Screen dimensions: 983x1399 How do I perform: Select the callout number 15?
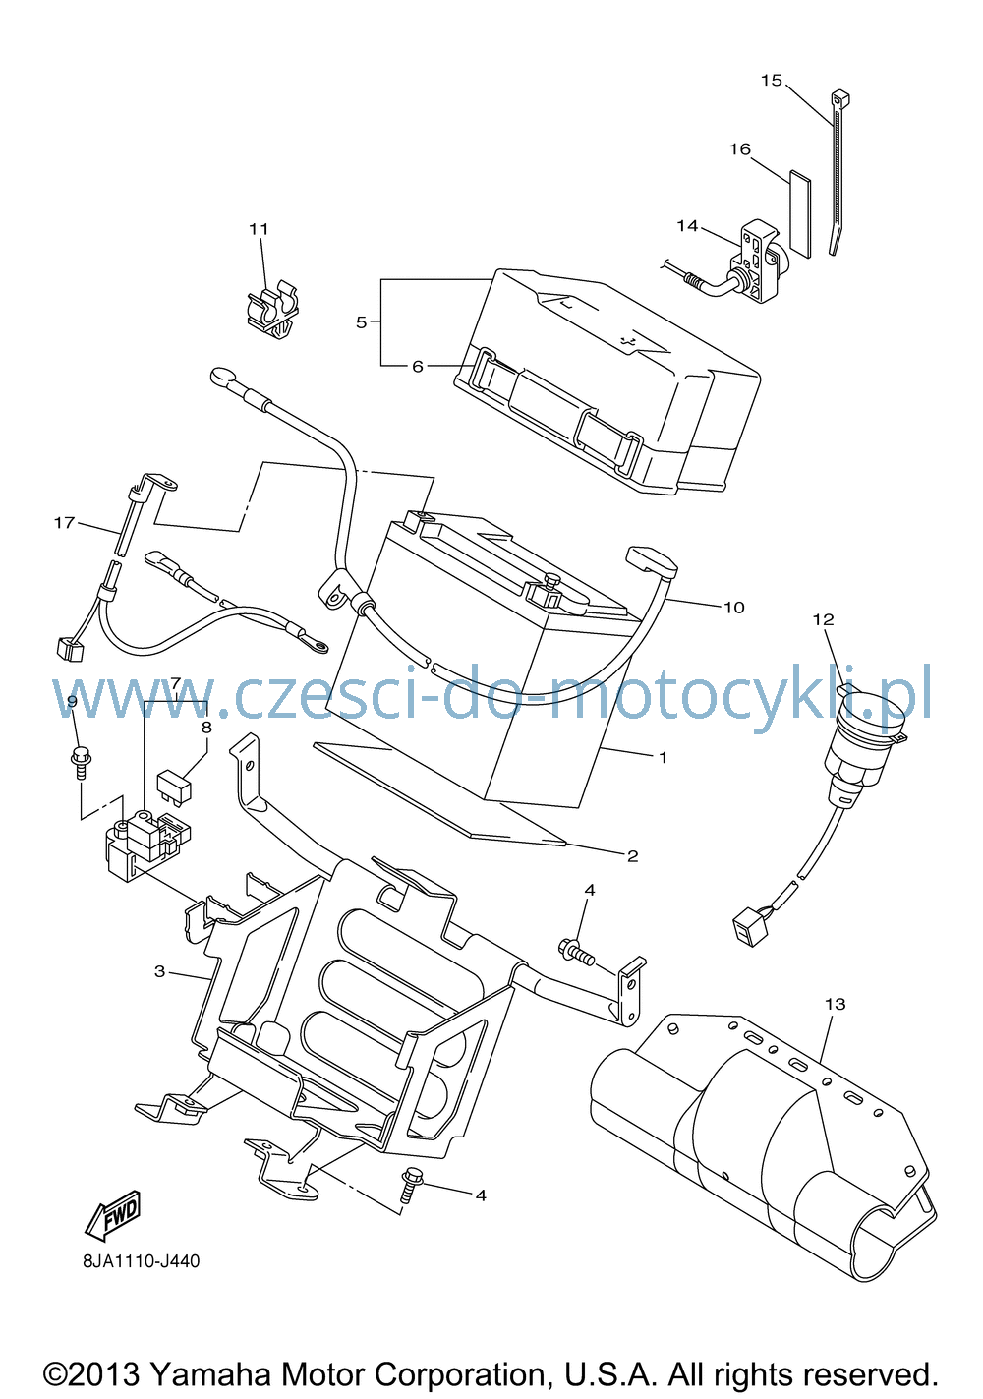click(772, 81)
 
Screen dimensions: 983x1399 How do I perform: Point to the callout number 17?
click(64, 522)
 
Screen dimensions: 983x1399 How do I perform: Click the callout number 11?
click(259, 229)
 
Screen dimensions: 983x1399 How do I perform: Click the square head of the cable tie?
click(840, 98)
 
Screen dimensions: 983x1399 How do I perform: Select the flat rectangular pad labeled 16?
click(800, 214)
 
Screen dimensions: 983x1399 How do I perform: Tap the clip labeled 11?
click(273, 313)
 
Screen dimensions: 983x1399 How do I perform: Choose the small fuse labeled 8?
click(174, 786)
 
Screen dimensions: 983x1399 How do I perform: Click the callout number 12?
click(823, 619)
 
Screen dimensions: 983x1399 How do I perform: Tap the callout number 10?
click(734, 607)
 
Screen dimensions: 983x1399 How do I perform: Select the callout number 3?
click(160, 971)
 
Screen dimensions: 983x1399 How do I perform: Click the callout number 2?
click(633, 855)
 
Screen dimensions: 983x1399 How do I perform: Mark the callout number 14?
click(687, 225)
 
